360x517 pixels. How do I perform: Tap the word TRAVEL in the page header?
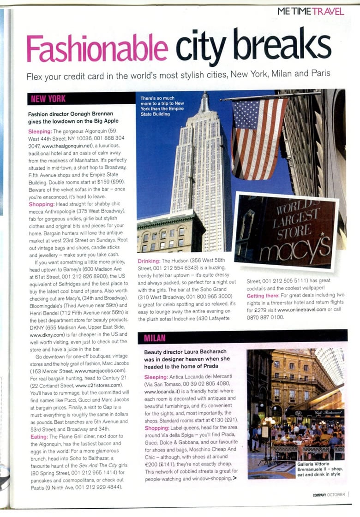[x=328, y=11]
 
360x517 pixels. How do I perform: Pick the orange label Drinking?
[x=151, y=261]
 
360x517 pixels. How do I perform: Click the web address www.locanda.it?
[x=160, y=391]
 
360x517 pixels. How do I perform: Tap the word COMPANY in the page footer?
[x=319, y=494]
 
